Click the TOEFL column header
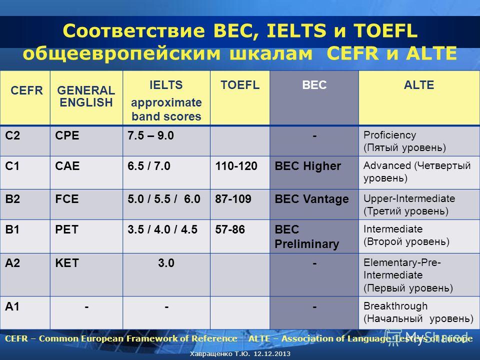[x=240, y=85]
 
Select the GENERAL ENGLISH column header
[x=86, y=96]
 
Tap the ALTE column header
[x=419, y=85]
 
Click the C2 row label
[x=12, y=135]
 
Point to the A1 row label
[x=12, y=306]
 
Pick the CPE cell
[x=67, y=135]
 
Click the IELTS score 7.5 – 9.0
[x=150, y=135]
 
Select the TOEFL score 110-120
[x=236, y=166]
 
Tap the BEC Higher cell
[x=307, y=166]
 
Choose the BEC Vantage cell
[x=311, y=199]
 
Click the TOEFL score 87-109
[x=233, y=199]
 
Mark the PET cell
[x=66, y=229]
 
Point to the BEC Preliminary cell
[x=306, y=236]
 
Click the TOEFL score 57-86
[x=230, y=229]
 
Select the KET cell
[x=67, y=263]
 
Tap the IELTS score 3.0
[x=166, y=263]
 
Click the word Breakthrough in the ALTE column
[x=395, y=306]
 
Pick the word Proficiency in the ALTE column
[x=389, y=135]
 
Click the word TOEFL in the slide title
[x=385, y=30]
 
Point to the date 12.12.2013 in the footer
[x=272, y=354]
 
